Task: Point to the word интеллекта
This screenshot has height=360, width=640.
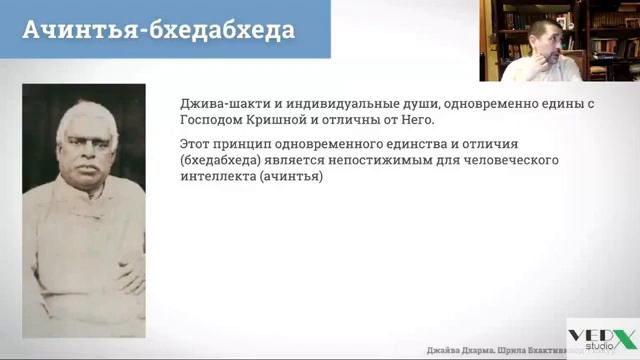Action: coord(220,177)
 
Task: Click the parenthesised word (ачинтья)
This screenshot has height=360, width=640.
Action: coord(298,177)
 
